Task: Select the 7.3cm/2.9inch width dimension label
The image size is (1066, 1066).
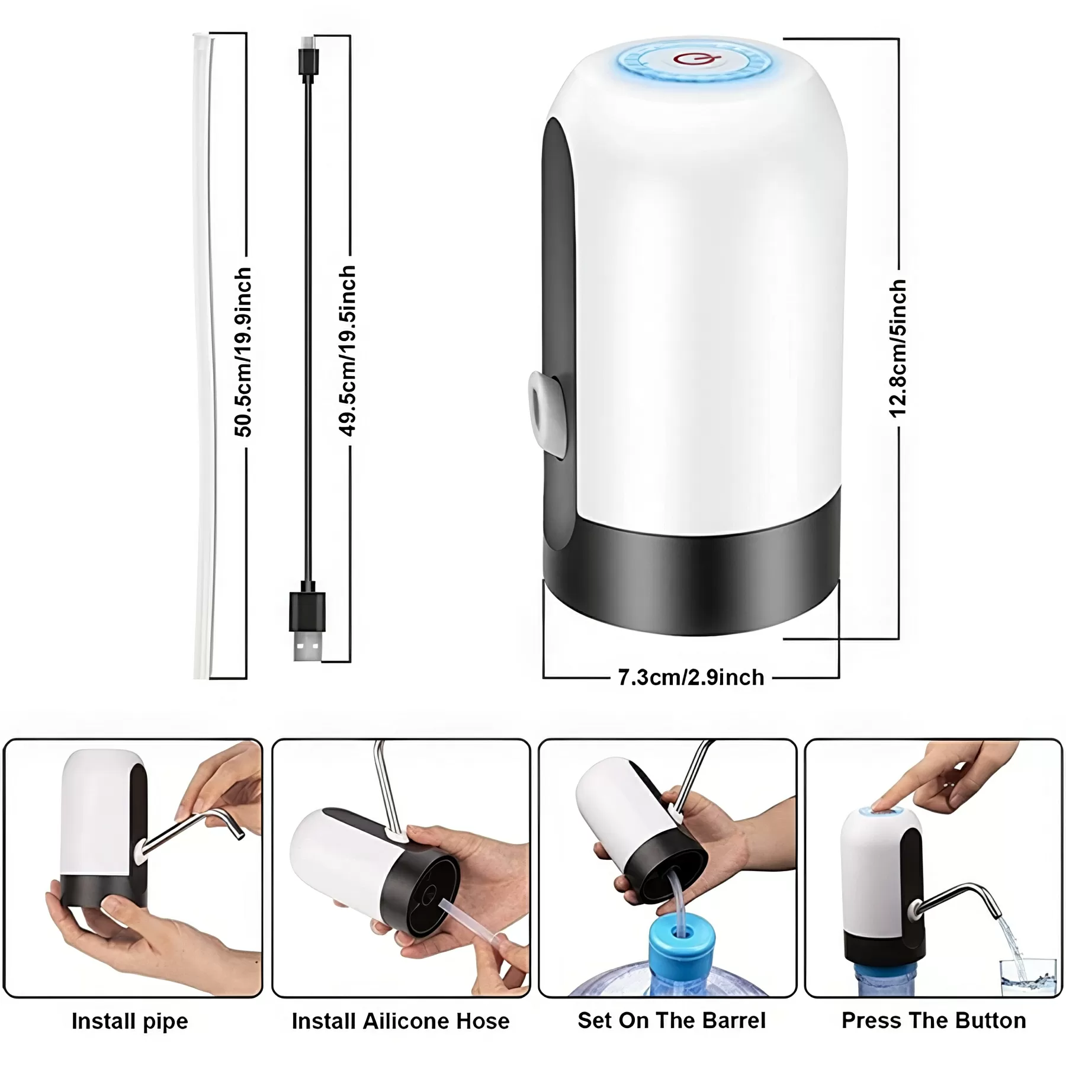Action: click(x=691, y=677)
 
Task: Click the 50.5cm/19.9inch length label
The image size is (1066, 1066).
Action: click(x=243, y=352)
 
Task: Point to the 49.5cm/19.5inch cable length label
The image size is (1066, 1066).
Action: click(x=348, y=351)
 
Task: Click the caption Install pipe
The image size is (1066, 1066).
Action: click(x=130, y=1021)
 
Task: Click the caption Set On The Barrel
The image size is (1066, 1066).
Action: click(x=671, y=1020)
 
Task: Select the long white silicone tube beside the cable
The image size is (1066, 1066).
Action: click(x=202, y=355)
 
